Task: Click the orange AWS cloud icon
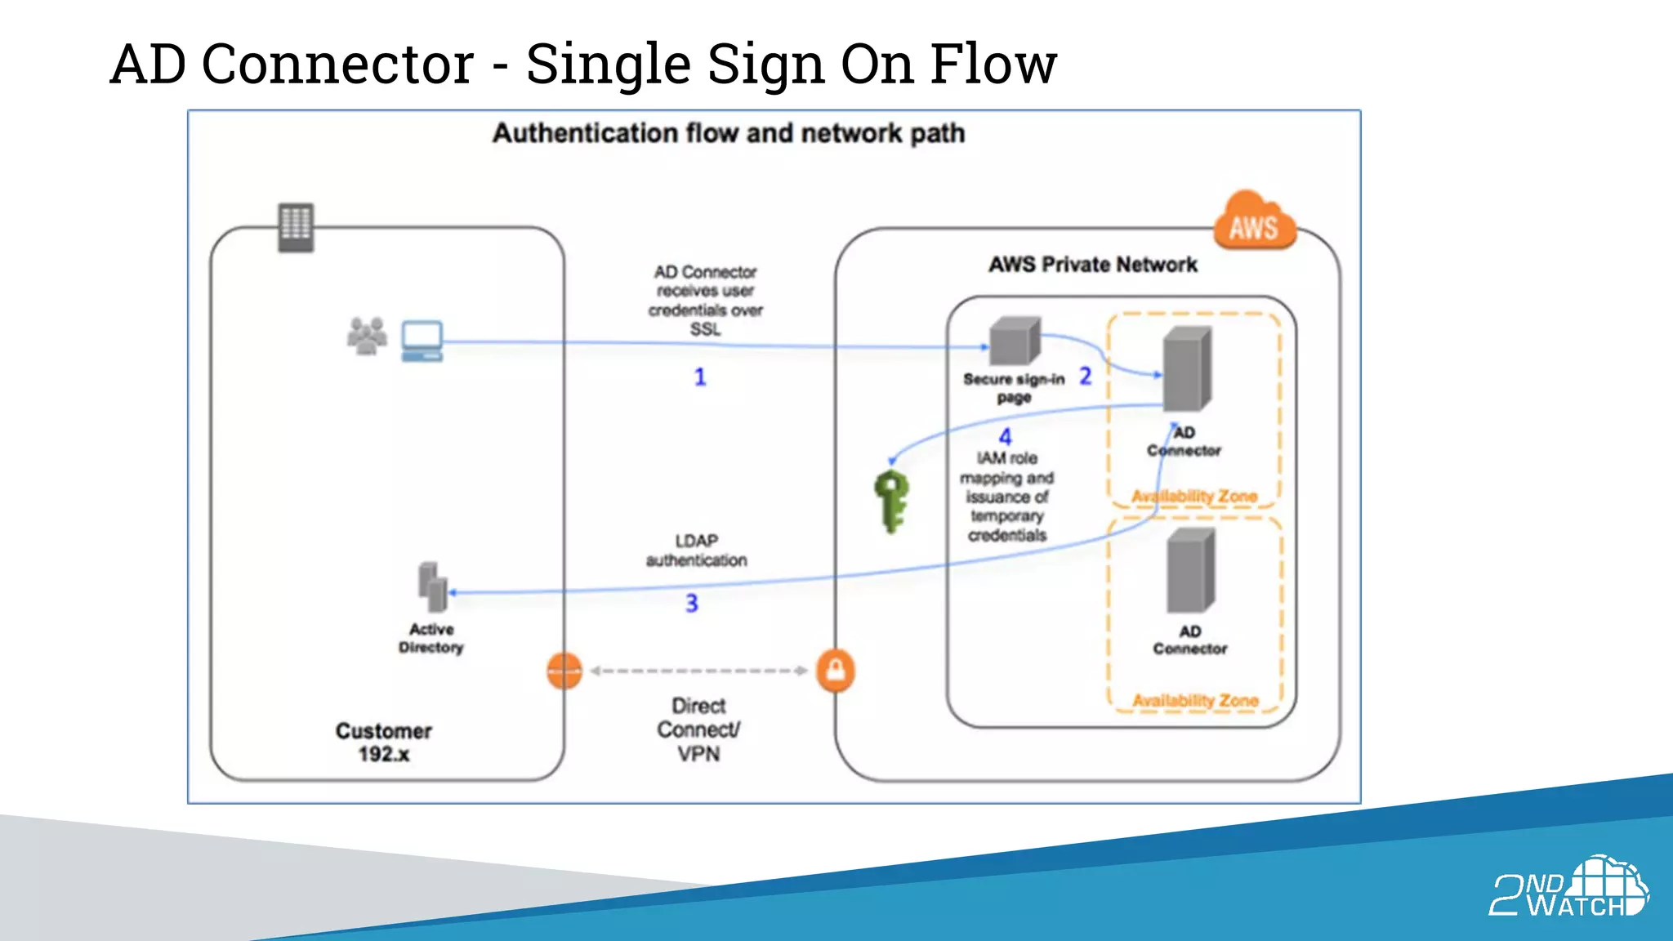[1253, 221]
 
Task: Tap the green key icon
[891, 500]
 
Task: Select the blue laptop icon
[422, 341]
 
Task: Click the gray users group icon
[367, 336]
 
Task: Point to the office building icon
[296, 227]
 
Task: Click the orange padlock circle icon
[836, 671]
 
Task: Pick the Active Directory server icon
[433, 586]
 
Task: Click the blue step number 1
[700, 377]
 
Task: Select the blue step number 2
[1085, 376]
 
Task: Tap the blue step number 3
[691, 603]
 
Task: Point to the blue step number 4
[1005, 437]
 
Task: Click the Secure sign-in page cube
[1015, 341]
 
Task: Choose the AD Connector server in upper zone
[1186, 368]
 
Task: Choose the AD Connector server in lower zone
[1190, 570]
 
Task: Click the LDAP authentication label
[696, 551]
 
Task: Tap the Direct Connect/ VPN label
[698, 729]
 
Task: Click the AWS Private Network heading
[1092, 265]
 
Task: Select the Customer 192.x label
[383, 742]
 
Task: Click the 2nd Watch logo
[1568, 887]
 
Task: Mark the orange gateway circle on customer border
[564, 671]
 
